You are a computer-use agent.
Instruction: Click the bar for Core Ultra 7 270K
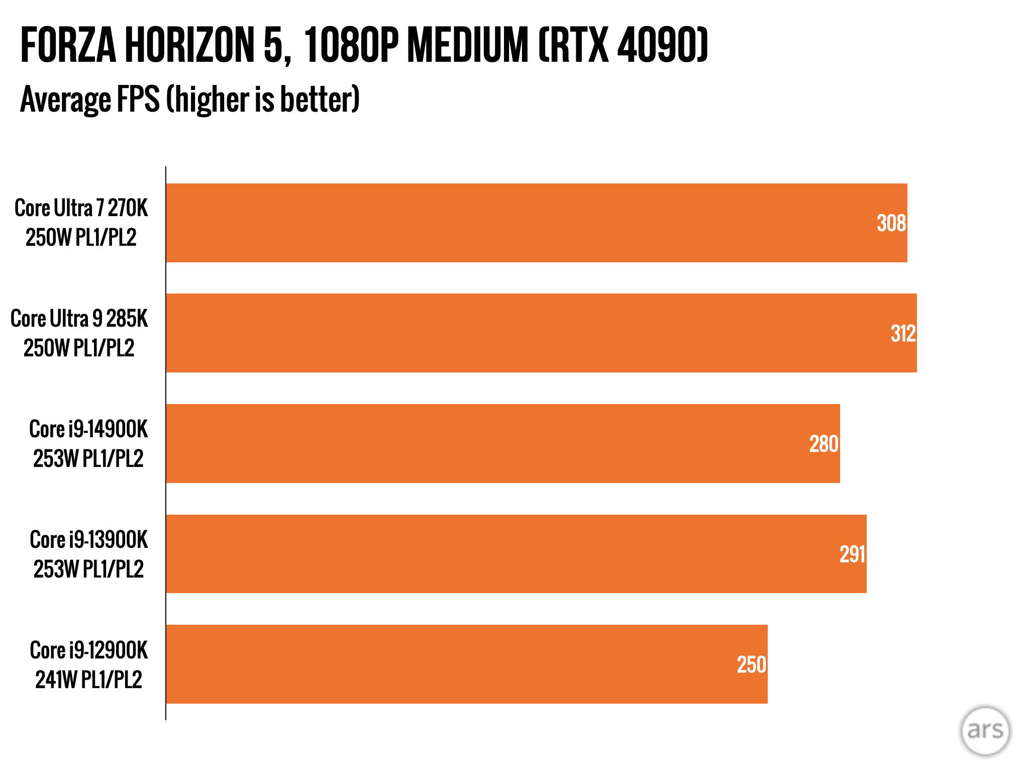[536, 223]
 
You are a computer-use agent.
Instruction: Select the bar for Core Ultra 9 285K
[541, 333]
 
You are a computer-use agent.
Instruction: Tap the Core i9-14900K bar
[502, 443]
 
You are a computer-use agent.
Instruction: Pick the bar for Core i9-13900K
[516, 554]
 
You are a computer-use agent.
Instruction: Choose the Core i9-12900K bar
[466, 664]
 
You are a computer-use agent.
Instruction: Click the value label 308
[891, 223]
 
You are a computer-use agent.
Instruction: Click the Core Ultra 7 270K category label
[81, 223]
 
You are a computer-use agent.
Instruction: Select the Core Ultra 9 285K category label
[79, 333]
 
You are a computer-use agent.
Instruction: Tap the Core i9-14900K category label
[88, 444]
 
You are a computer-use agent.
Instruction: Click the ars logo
[985, 730]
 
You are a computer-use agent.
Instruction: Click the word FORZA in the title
[68, 45]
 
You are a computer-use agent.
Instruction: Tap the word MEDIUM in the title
[468, 45]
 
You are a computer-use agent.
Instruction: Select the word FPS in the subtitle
[138, 100]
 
